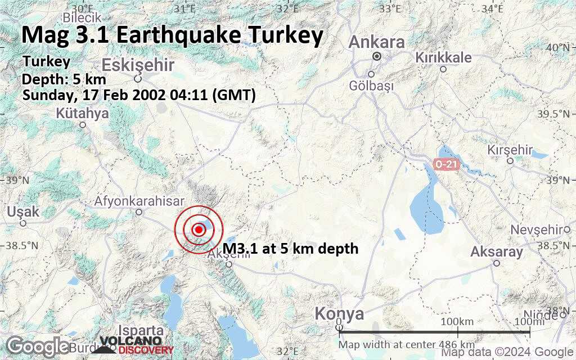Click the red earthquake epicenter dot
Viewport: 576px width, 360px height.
(x=199, y=229)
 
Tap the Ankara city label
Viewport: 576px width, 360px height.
(x=376, y=42)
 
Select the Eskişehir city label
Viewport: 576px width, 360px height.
(x=138, y=64)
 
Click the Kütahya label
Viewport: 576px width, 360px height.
(x=82, y=114)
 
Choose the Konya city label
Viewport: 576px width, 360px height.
(x=339, y=313)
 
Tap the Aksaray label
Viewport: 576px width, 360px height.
(x=497, y=251)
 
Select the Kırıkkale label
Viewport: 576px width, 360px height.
(x=443, y=57)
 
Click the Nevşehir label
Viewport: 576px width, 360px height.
(x=536, y=229)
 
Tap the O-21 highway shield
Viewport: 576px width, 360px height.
(x=447, y=164)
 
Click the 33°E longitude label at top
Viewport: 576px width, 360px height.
(x=390, y=8)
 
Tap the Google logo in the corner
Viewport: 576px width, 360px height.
(x=38, y=345)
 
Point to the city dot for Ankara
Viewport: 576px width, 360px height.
(x=377, y=56)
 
